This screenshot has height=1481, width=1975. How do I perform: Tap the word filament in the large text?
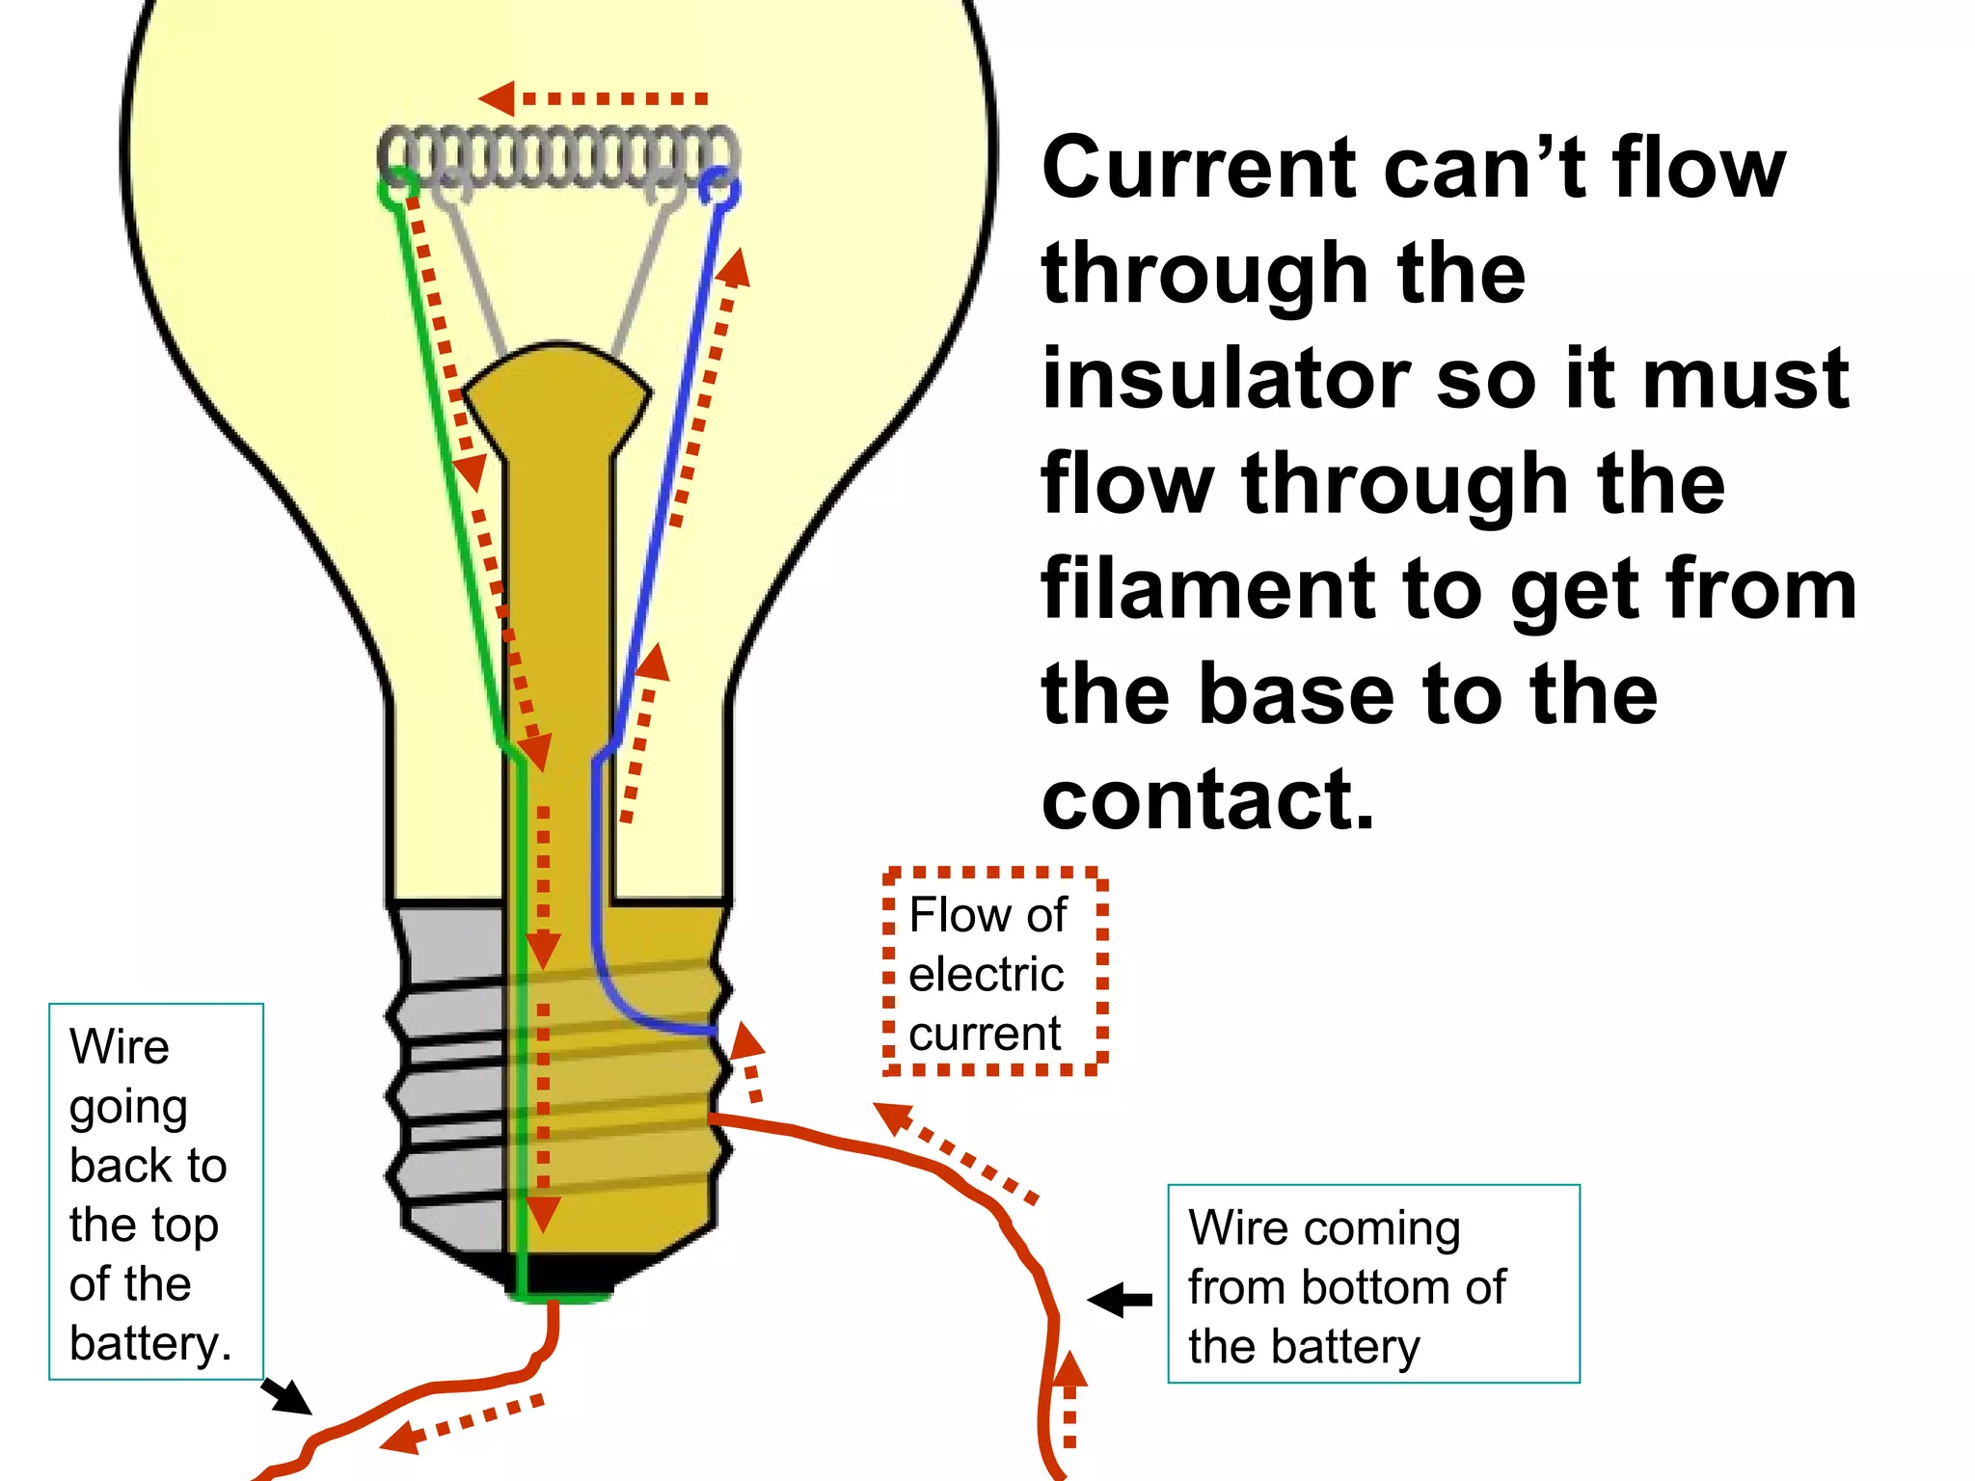(1206, 589)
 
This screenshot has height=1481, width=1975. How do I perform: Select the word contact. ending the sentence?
(1206, 799)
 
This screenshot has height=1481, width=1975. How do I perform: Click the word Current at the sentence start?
(1197, 169)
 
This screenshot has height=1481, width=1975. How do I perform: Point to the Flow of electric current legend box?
(994, 972)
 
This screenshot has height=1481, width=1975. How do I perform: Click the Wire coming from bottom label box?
(1372, 1284)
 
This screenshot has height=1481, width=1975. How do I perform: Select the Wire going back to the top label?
(155, 1192)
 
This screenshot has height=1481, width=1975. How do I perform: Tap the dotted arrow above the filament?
(593, 98)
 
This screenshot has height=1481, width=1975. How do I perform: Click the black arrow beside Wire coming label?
(1121, 1300)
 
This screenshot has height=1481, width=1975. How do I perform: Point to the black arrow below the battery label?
(286, 1396)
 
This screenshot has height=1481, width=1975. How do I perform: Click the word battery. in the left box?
(150, 1343)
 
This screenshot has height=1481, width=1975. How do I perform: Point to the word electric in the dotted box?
(986, 974)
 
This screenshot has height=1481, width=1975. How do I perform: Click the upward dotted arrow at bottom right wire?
(1069, 1403)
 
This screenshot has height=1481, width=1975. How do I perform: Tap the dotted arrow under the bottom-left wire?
(461, 1421)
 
